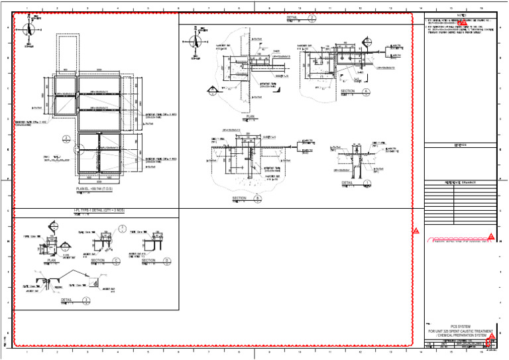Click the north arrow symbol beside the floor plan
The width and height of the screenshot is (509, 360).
pyautogui.click(x=28, y=30)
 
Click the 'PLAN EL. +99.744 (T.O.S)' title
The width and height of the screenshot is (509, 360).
pyautogui.click(x=94, y=190)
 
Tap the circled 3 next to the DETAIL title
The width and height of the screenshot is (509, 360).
pyautogui.click(x=86, y=300)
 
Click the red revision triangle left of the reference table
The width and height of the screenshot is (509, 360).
pyautogui.click(x=416, y=231)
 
